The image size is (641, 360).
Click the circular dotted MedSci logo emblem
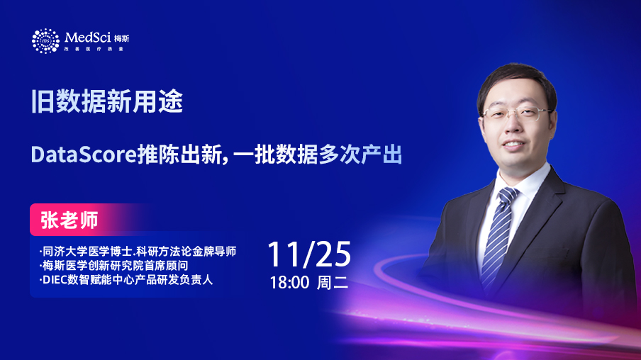pos(45,41)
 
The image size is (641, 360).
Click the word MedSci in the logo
pos(87,38)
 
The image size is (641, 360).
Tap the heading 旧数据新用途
pos(106,101)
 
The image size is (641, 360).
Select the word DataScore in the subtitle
pos(84,155)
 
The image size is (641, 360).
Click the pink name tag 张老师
pos(69,220)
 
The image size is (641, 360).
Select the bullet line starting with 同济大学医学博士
pos(138,251)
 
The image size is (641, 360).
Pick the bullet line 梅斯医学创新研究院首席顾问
pos(113,265)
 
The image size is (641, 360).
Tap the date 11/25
pos(309,254)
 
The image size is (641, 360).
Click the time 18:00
pos(289,283)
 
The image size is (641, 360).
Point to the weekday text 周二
pos(333,283)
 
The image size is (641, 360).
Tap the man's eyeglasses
pos(517,113)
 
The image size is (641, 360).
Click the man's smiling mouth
pos(513,145)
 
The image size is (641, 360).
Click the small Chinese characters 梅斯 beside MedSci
pos(121,38)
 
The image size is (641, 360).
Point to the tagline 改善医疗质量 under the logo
pos(94,49)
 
